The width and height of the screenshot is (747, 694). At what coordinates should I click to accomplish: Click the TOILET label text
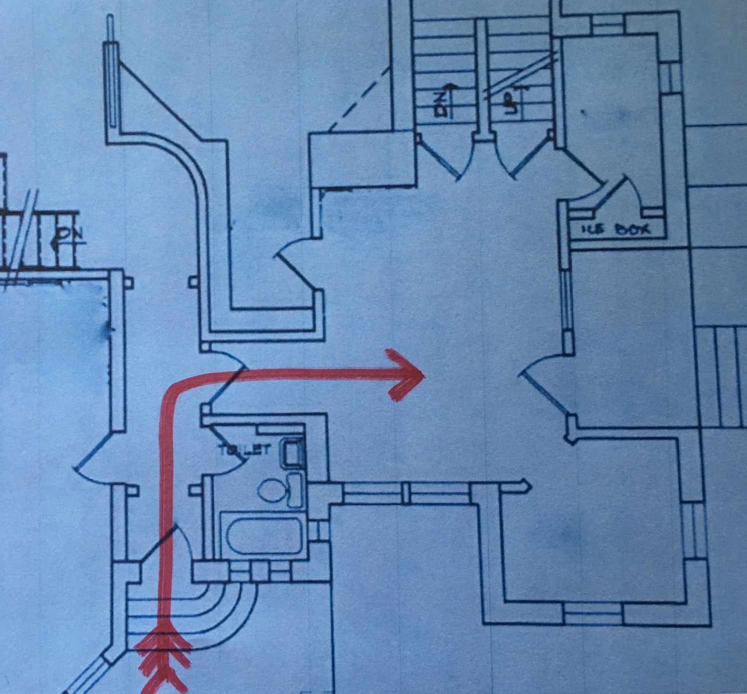click(244, 450)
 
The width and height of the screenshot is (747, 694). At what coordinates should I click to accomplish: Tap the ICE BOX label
click(616, 230)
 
